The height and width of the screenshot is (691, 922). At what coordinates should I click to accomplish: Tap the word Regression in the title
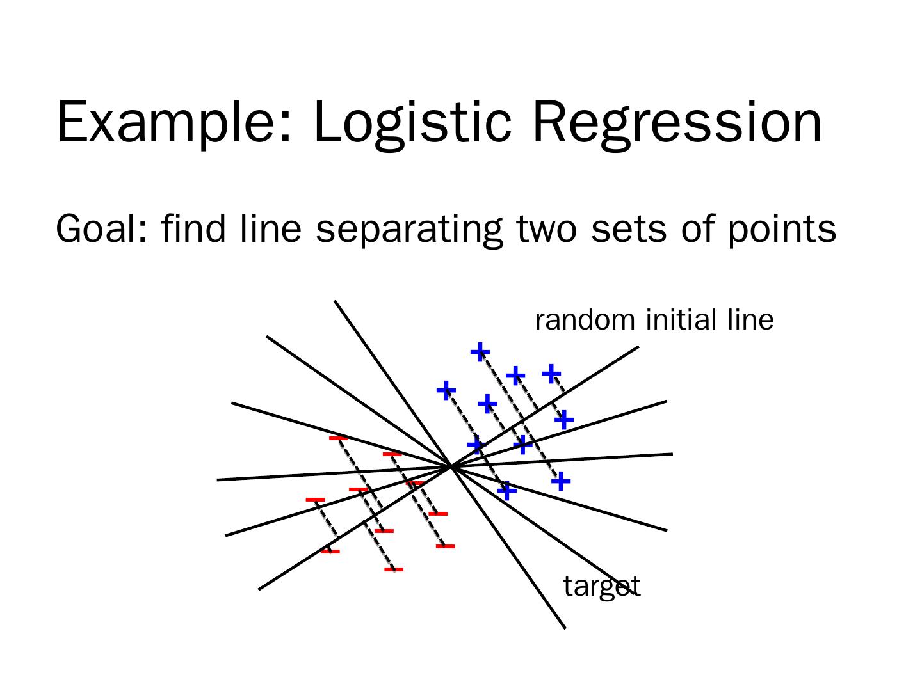tap(676, 122)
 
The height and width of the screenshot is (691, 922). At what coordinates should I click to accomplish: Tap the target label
tap(601, 586)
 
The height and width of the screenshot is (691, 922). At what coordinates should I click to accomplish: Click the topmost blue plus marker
tap(480, 351)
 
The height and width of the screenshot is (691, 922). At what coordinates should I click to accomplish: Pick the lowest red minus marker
tap(394, 569)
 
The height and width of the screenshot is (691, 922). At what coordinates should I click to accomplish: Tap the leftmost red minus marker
tap(315, 499)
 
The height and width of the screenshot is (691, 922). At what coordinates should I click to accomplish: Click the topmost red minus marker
tap(338, 438)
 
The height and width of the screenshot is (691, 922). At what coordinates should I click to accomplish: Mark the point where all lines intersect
tap(451, 466)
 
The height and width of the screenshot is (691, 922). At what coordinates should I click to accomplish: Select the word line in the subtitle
tap(270, 228)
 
